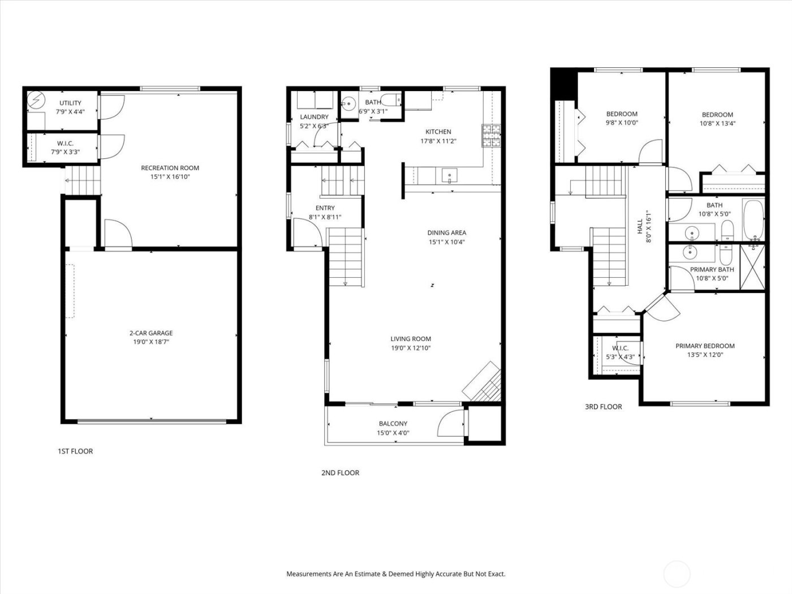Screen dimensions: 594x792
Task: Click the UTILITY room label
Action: tap(71, 103)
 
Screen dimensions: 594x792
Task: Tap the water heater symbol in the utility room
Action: tap(36, 101)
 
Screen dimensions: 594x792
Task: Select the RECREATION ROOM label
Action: tap(170, 168)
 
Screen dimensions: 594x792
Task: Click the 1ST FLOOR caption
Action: tap(75, 451)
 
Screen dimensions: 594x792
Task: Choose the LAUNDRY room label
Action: tap(314, 117)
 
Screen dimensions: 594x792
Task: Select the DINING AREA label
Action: tap(446, 233)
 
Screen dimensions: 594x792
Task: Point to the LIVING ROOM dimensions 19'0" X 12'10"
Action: tap(410, 348)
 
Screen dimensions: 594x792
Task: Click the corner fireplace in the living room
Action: tap(483, 385)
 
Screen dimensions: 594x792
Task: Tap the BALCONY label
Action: tap(393, 424)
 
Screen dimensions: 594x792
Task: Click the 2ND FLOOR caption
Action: tap(340, 473)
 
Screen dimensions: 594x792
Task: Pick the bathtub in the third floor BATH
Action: tap(752, 219)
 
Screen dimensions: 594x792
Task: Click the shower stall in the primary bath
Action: tap(752, 269)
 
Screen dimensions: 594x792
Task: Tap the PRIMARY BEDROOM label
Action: tap(705, 346)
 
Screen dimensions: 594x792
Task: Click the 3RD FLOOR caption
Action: tap(603, 407)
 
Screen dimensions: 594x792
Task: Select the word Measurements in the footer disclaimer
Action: tap(308, 574)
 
